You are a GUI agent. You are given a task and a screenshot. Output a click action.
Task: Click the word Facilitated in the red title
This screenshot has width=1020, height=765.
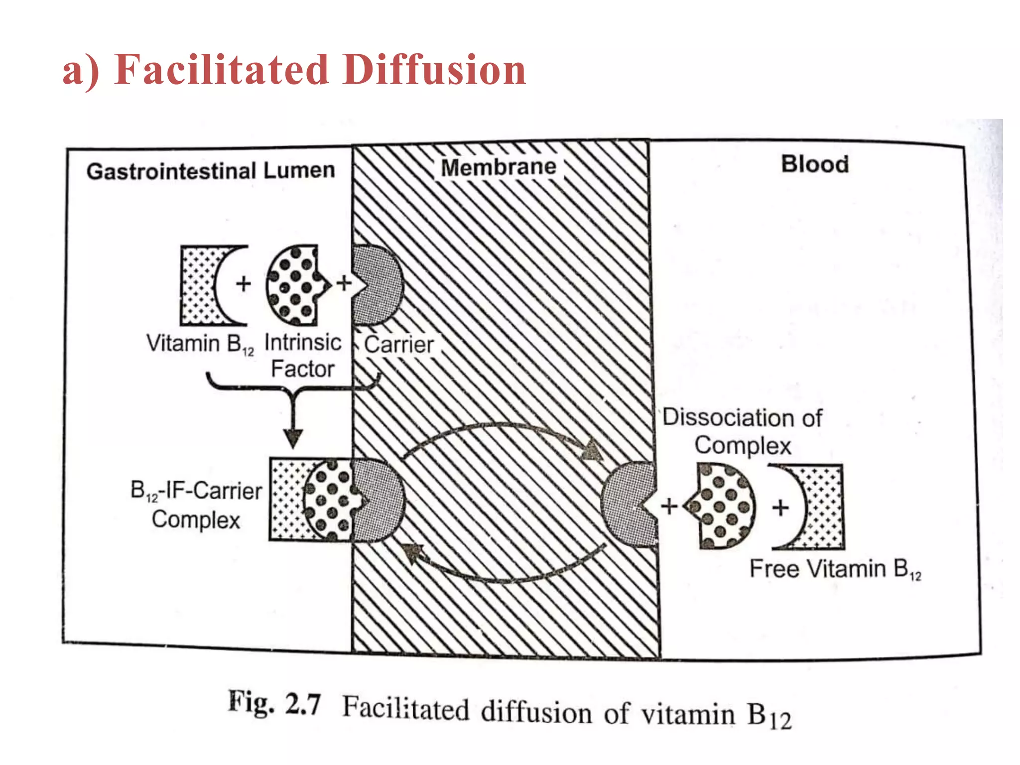click(221, 70)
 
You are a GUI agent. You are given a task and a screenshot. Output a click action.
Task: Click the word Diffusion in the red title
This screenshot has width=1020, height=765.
click(434, 70)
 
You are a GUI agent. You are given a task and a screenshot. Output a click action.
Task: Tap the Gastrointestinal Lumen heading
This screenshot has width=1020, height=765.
click(210, 171)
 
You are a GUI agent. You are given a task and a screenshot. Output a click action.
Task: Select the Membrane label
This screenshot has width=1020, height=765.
click(499, 167)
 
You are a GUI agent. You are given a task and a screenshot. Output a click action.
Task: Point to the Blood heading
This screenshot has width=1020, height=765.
click(815, 164)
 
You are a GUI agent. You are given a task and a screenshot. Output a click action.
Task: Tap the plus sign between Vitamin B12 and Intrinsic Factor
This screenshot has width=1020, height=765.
click(244, 284)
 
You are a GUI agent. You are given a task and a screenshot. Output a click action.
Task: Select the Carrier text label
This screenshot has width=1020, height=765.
click(398, 345)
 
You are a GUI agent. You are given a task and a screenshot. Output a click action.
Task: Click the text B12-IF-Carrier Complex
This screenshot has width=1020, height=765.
click(196, 505)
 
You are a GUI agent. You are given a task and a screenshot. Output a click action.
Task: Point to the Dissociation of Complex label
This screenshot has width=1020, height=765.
click(742, 431)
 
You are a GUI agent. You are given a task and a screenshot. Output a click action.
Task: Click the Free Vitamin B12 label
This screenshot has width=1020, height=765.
click(835, 569)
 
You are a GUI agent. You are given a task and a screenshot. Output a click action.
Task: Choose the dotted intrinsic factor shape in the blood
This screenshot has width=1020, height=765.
click(722, 506)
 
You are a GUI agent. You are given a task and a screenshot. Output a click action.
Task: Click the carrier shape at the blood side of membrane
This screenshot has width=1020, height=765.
click(629, 505)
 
